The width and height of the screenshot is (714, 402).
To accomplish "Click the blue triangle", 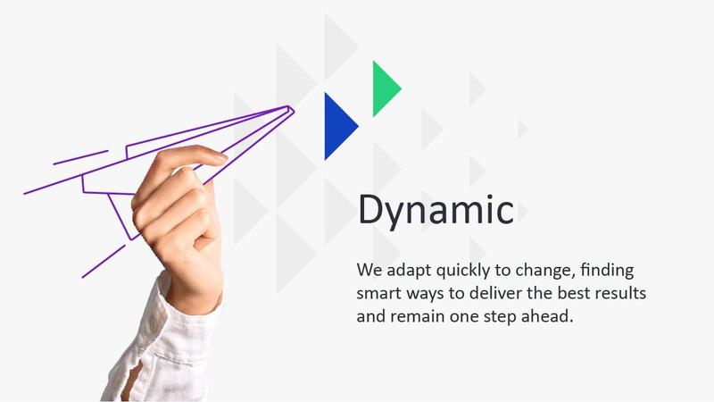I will tap(337, 126).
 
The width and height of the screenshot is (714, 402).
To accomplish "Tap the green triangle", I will tap(384, 88).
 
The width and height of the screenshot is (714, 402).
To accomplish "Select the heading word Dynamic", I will tap(435, 211).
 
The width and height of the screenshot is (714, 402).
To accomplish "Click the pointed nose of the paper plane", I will tap(291, 108).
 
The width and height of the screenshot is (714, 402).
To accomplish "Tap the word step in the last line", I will tap(501, 317).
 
